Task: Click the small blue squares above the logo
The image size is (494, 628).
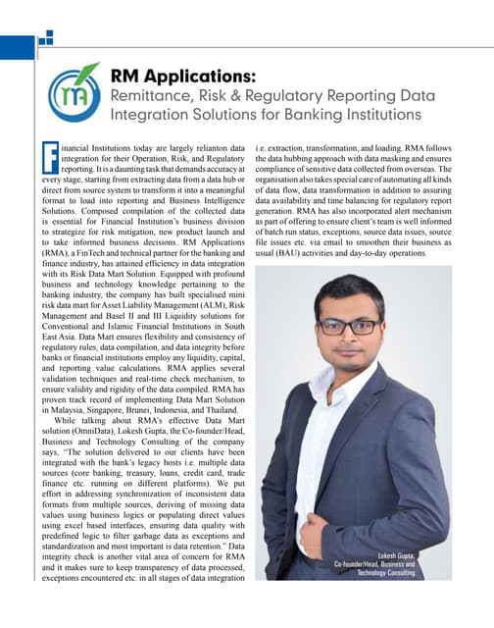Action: click(x=45, y=40)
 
